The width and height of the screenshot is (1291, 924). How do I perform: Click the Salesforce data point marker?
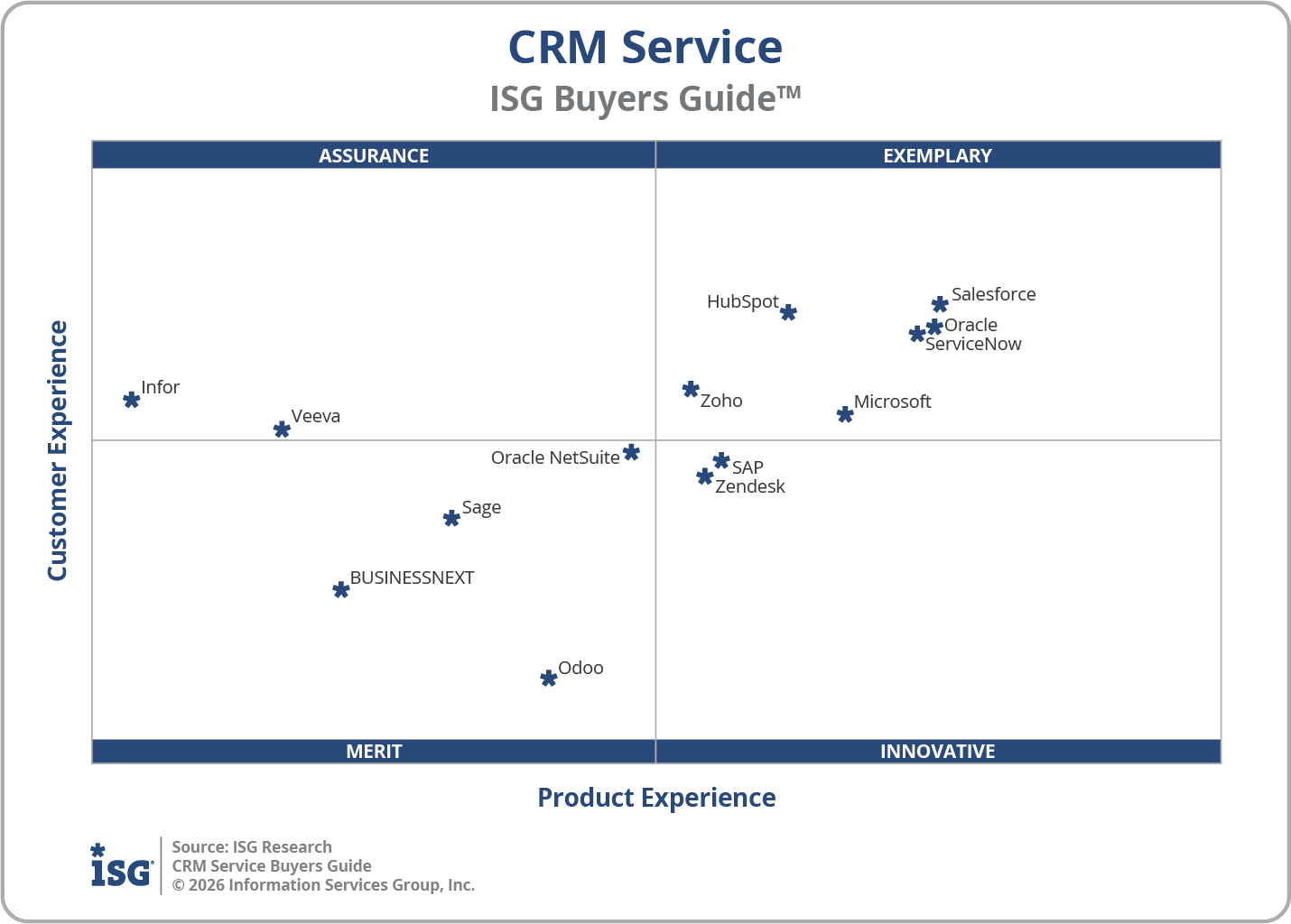coord(940,304)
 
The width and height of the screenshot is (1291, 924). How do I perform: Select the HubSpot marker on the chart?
coord(788,312)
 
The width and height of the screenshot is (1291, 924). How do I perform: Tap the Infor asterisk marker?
coord(131,399)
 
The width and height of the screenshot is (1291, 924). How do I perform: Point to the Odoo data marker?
coord(548,678)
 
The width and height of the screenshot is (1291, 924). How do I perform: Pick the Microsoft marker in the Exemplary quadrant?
coord(845,414)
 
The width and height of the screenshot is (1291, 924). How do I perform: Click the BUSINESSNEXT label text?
coord(412,577)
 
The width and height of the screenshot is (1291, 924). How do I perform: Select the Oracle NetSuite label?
coord(554,457)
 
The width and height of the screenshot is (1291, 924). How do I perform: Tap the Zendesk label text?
coord(749,486)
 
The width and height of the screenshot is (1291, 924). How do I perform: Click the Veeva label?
coord(315,416)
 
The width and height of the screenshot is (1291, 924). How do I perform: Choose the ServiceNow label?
coord(973,344)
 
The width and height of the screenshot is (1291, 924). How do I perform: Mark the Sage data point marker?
coord(451,518)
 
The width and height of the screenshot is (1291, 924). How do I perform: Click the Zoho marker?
coord(691,389)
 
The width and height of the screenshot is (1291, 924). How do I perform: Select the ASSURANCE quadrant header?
coord(374,155)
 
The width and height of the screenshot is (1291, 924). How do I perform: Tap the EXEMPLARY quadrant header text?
coord(937,155)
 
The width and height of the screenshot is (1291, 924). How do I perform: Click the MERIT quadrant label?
coord(374,751)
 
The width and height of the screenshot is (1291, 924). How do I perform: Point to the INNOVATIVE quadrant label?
coord(937,751)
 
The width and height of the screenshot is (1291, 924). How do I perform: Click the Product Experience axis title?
coord(656,798)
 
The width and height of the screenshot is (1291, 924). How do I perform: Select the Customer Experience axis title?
coord(58,450)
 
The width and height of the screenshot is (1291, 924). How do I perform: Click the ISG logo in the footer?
coord(121,866)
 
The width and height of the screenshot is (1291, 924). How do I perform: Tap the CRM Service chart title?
coord(645,47)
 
